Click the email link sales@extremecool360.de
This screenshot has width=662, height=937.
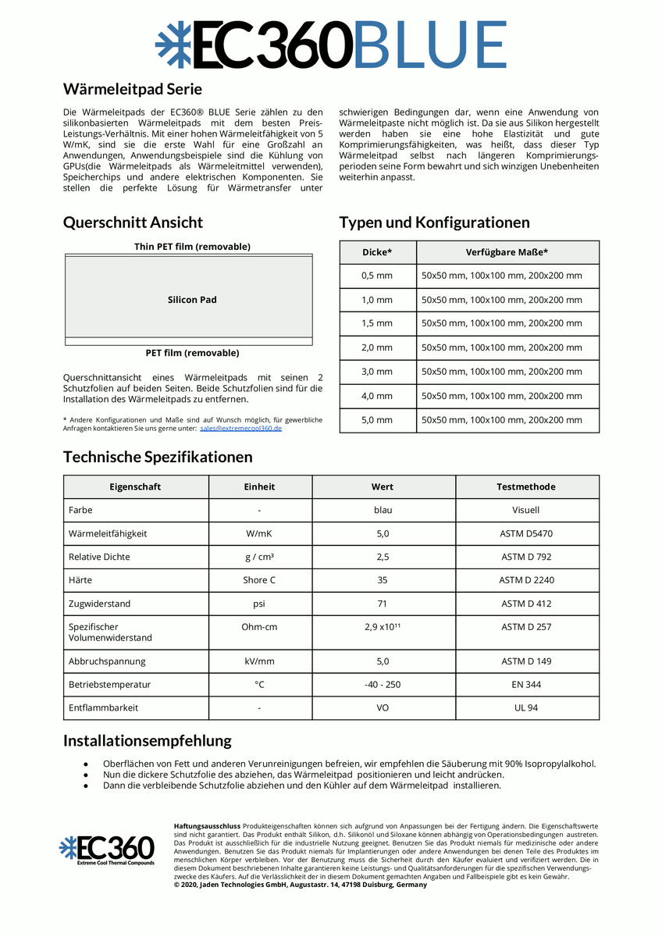tap(241, 429)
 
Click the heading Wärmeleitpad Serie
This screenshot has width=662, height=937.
tap(132, 89)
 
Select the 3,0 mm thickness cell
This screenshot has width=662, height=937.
tap(377, 372)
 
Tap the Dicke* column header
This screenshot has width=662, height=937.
tap(377, 252)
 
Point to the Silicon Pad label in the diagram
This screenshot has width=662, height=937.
tap(192, 300)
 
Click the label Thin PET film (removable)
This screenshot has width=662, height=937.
tap(192, 247)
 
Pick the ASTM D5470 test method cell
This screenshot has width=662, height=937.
tap(526, 534)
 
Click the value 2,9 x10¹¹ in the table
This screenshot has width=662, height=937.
tap(383, 627)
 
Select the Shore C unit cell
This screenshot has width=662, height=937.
tap(259, 580)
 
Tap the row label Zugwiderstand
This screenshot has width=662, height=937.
tap(100, 604)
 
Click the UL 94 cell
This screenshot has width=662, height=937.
tap(526, 707)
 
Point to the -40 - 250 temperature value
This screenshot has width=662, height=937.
tap(383, 684)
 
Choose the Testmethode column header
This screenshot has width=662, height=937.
tap(526, 486)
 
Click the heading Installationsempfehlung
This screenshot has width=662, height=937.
tap(148, 740)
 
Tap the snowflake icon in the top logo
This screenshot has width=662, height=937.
tap(172, 45)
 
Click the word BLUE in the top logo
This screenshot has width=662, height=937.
tap(430, 45)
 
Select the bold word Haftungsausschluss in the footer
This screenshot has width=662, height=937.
tap(207, 825)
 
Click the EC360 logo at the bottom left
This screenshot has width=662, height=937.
tap(107, 850)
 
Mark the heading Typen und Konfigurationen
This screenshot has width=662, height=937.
tap(434, 223)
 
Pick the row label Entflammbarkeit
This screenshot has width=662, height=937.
tap(104, 707)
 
